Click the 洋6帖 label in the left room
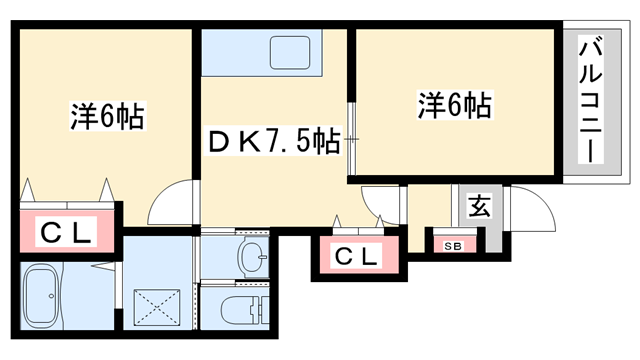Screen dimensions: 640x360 pos(107,116)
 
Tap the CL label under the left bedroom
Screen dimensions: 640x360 pos(67,233)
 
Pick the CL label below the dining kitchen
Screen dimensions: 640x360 pos(357,257)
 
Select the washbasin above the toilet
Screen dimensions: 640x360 pos(252,255)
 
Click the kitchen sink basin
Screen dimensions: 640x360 pos(290,52)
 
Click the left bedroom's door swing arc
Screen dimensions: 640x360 pos(170,205)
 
